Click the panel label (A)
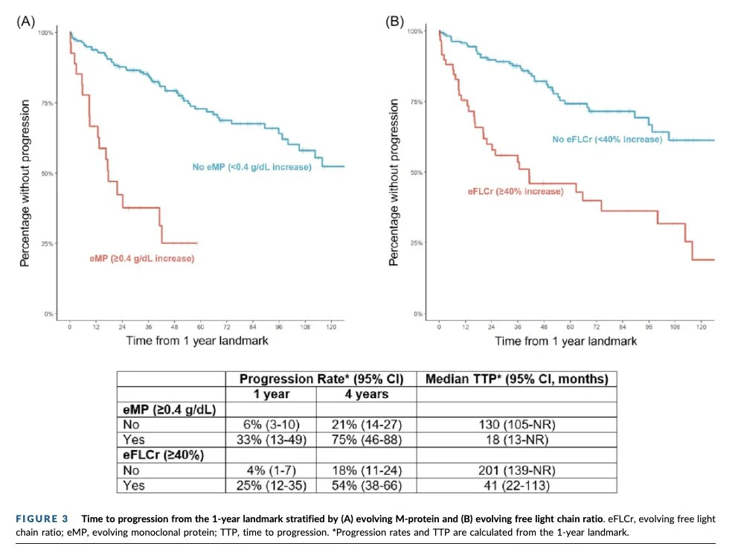click(25, 22)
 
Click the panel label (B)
click(394, 22)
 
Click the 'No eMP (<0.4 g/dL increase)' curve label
click(251, 167)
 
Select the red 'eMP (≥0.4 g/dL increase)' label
click(141, 258)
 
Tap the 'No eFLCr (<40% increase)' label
click(607, 139)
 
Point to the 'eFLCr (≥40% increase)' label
click(516, 192)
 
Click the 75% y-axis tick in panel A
click(48, 103)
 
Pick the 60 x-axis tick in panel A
click(201, 327)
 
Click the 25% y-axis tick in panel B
click(417, 243)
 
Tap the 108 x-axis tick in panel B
click(675, 327)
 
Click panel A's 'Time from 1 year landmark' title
click(197, 341)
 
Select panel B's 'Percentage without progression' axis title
click(394, 182)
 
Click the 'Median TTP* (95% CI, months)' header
click(517, 379)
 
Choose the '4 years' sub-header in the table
click(367, 394)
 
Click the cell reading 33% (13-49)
click(272, 440)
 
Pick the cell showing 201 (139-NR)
click(517, 470)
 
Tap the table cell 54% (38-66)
click(367, 485)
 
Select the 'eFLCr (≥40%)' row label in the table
click(164, 455)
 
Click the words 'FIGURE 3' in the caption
click(42, 519)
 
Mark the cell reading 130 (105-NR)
click(517, 425)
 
